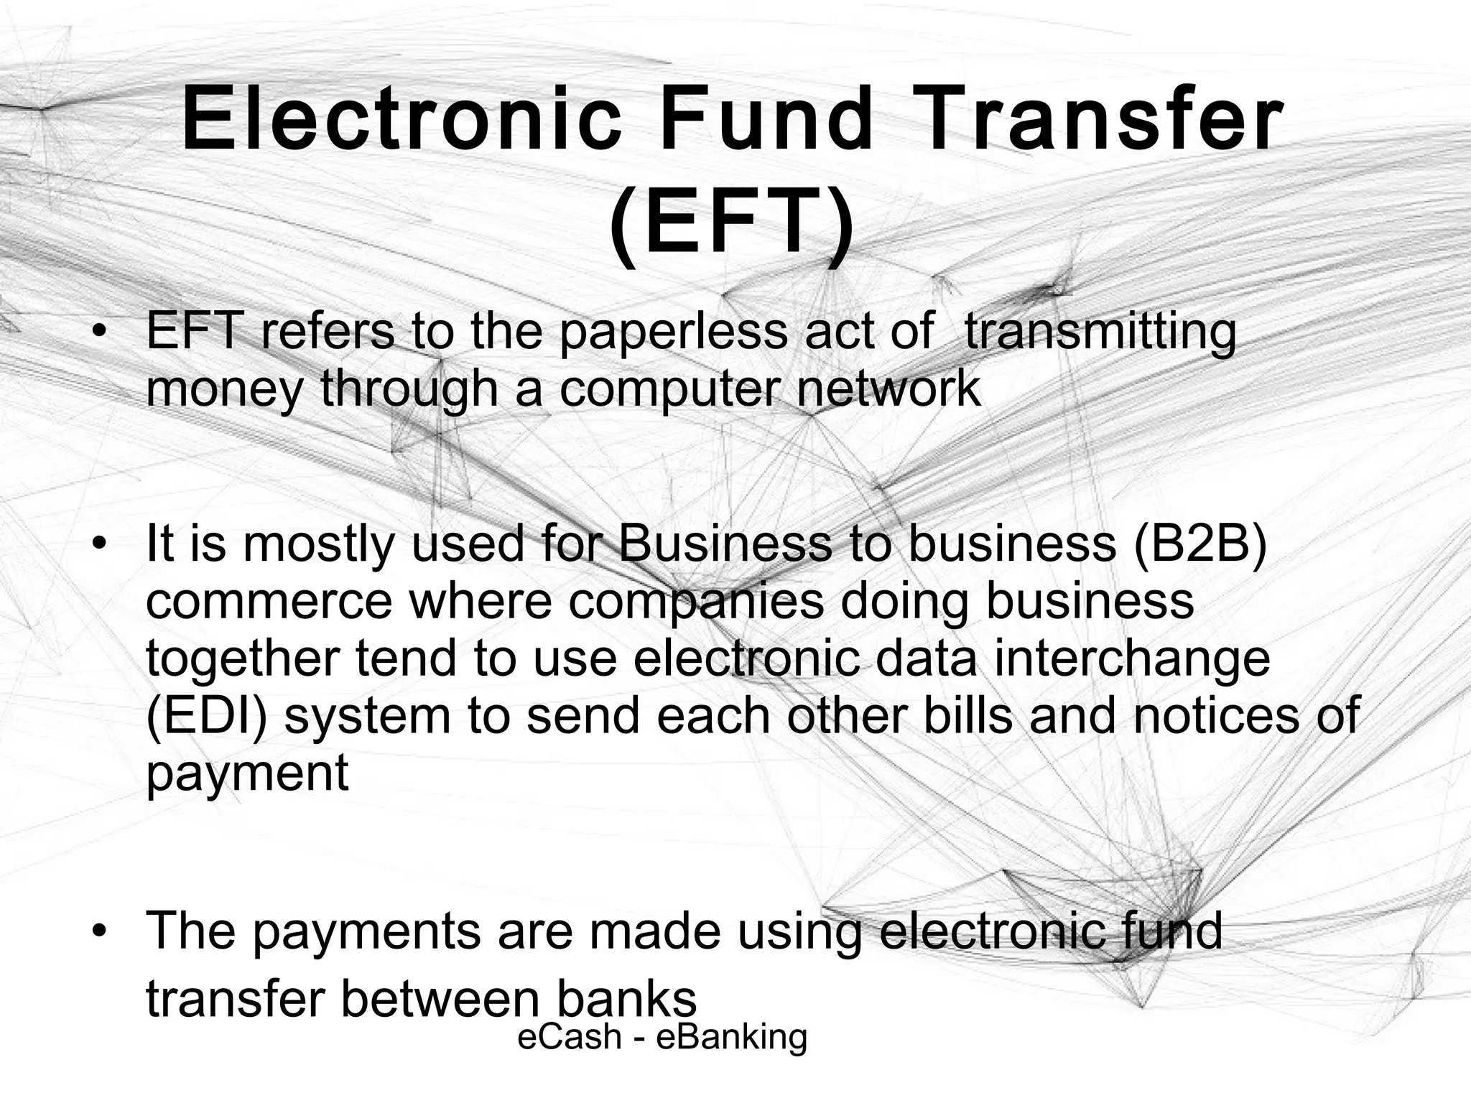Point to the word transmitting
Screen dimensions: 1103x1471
click(x=1100, y=333)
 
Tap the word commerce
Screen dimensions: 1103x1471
click(x=269, y=601)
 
